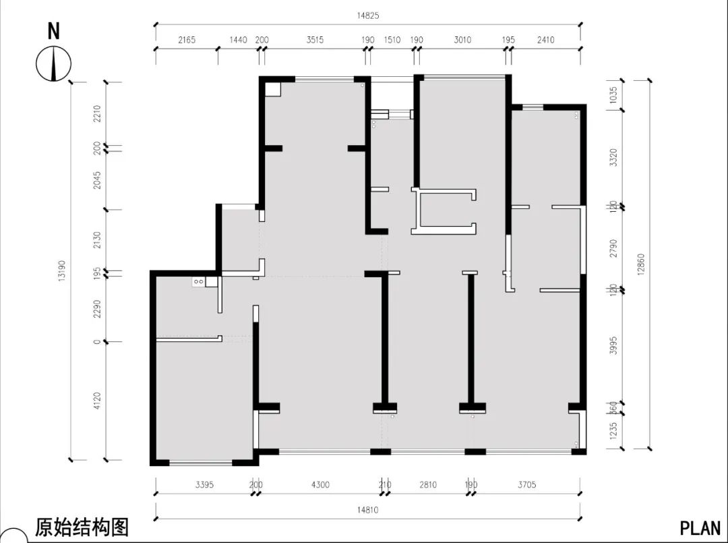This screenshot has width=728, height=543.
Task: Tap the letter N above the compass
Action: tap(54, 30)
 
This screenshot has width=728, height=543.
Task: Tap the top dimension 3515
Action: tap(315, 40)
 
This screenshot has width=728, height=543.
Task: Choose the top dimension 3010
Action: tap(462, 40)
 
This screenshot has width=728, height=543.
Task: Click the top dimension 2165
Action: tap(187, 40)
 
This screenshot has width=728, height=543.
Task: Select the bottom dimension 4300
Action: tap(321, 484)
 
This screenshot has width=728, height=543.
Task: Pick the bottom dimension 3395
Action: tap(205, 484)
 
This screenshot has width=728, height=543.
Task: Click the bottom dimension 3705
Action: tap(528, 484)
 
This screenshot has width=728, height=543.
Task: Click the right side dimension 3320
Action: tap(613, 158)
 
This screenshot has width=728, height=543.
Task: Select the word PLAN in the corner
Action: tap(700, 527)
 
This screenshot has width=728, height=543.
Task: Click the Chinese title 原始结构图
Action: tap(82, 526)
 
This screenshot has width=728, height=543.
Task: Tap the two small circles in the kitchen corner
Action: tap(199, 281)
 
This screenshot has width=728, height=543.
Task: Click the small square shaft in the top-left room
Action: tap(272, 90)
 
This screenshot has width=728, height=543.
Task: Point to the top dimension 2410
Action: tap(546, 40)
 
